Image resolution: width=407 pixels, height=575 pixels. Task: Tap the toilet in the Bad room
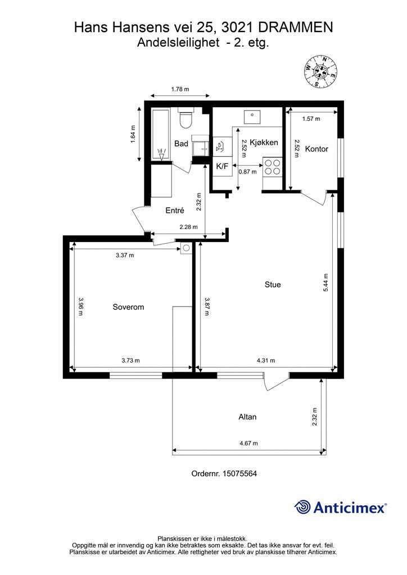pyautogui.click(x=186, y=118)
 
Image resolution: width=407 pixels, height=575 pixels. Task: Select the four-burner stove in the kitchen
pyautogui.click(x=272, y=166)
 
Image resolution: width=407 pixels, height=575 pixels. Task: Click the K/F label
pyautogui.click(x=222, y=166)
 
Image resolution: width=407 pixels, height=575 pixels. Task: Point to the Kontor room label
pyautogui.click(x=316, y=149)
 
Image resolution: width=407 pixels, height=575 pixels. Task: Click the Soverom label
pyautogui.click(x=128, y=307)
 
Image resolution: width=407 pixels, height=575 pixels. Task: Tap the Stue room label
pyautogui.click(x=273, y=285)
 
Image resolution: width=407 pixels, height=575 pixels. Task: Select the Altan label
pyautogui.click(x=247, y=417)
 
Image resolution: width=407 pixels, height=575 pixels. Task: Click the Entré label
pyautogui.click(x=175, y=211)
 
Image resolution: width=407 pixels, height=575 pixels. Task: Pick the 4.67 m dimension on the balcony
pyautogui.click(x=249, y=444)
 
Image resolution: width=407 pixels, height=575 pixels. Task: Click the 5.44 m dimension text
pyautogui.click(x=326, y=283)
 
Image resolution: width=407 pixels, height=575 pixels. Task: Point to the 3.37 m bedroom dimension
pyautogui.click(x=125, y=255)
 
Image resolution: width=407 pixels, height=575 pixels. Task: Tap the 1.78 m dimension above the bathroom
pyautogui.click(x=180, y=89)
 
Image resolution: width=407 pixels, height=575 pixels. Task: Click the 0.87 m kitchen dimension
pyautogui.click(x=248, y=171)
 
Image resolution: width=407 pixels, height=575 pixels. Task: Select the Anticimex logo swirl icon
pyautogui.click(x=302, y=507)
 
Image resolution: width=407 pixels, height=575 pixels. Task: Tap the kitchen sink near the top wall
pyautogui.click(x=252, y=117)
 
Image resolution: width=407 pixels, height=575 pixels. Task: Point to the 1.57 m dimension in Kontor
pyautogui.click(x=311, y=119)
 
